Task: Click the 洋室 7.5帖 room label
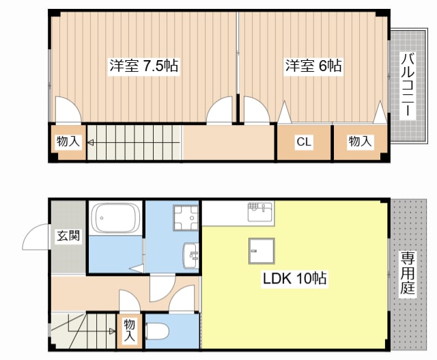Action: click(144, 66)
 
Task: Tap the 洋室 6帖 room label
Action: click(313, 66)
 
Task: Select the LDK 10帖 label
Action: click(294, 278)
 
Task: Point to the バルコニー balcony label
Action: click(408, 85)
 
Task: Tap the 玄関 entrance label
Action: click(68, 236)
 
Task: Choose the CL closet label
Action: click(304, 141)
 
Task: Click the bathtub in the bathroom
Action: click(116, 218)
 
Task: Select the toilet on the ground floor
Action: click(157, 331)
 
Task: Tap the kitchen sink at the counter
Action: click(260, 212)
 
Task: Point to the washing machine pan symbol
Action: click(186, 218)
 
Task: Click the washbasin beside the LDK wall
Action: click(191, 255)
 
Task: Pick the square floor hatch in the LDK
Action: click(262, 251)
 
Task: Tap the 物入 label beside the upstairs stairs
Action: click(68, 141)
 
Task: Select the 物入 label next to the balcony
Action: click(361, 141)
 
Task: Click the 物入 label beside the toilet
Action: click(130, 331)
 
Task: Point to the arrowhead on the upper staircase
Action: click(90, 143)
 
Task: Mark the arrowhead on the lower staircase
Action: click(112, 331)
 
